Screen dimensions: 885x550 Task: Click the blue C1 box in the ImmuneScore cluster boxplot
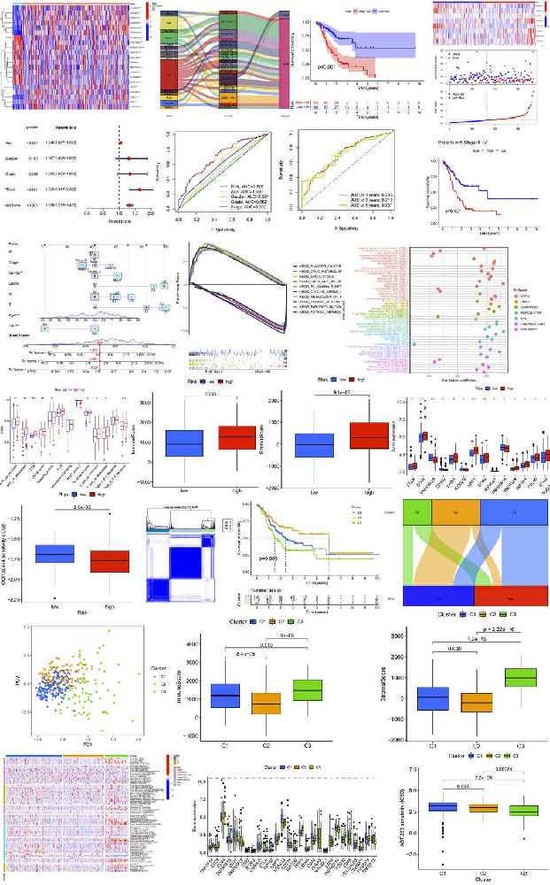[x=227, y=696]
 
